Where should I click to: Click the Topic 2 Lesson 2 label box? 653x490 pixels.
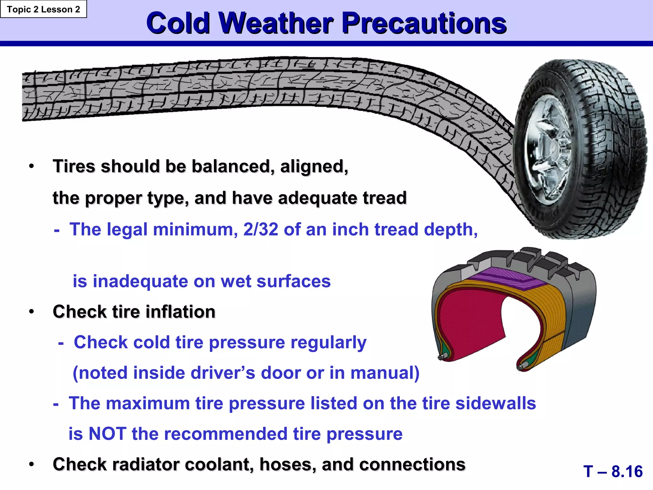[43, 9]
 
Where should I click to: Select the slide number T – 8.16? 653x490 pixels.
[613, 471]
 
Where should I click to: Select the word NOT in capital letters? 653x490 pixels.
[107, 434]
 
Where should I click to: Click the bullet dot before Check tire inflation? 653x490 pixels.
[31, 311]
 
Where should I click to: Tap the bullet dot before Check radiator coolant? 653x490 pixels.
[31, 464]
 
